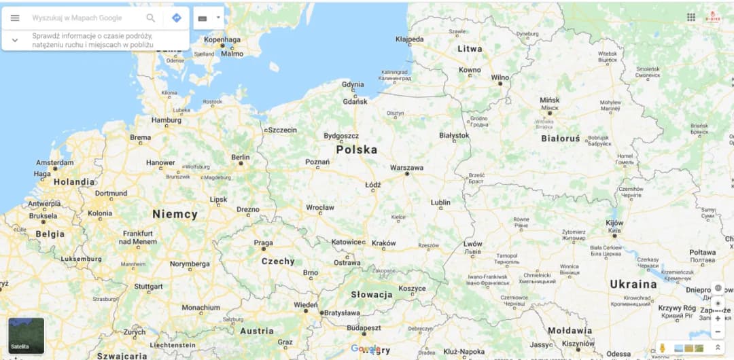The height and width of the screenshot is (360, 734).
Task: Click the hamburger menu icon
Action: (15, 18)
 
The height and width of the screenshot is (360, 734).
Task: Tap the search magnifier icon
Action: (151, 18)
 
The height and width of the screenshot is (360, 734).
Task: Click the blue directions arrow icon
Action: (177, 18)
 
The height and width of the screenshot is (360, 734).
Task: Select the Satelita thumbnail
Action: (26, 336)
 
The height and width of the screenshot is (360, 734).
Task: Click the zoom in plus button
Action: (718, 318)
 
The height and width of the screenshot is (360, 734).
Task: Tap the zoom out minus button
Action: (718, 331)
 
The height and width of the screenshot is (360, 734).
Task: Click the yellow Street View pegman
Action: (662, 348)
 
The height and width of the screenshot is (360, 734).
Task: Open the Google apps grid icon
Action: (691, 17)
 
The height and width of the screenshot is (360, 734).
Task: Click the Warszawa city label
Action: (406, 167)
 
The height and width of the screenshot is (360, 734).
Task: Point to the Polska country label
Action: (356, 149)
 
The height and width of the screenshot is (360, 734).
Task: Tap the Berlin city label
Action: (240, 157)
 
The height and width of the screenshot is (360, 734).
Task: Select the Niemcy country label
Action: (175, 214)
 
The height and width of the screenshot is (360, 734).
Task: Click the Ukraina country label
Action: (633, 284)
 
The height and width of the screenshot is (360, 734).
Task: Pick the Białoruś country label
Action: (561, 139)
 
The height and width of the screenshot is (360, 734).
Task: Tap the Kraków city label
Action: (383, 243)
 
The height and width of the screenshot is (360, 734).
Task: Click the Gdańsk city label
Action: (355, 102)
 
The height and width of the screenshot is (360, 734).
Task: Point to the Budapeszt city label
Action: (364, 327)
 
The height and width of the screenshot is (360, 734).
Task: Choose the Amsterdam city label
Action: (54, 163)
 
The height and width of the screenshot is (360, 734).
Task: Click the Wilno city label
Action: (500, 77)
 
